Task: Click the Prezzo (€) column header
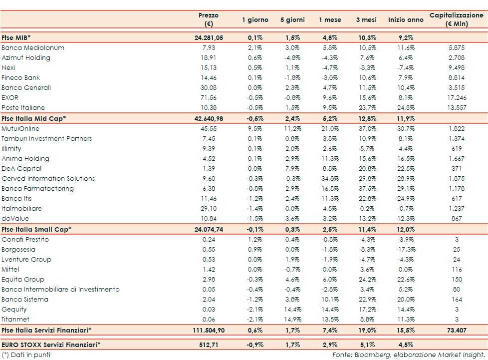(209, 19)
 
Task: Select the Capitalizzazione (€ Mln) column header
(457, 19)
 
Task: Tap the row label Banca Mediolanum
(33, 48)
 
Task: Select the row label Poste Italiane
(23, 108)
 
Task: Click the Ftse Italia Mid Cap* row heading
(34, 118)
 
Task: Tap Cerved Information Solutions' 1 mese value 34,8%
(330, 179)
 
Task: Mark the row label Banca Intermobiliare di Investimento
(60, 290)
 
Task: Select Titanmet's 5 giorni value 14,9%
(292, 320)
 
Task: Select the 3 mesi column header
(366, 20)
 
